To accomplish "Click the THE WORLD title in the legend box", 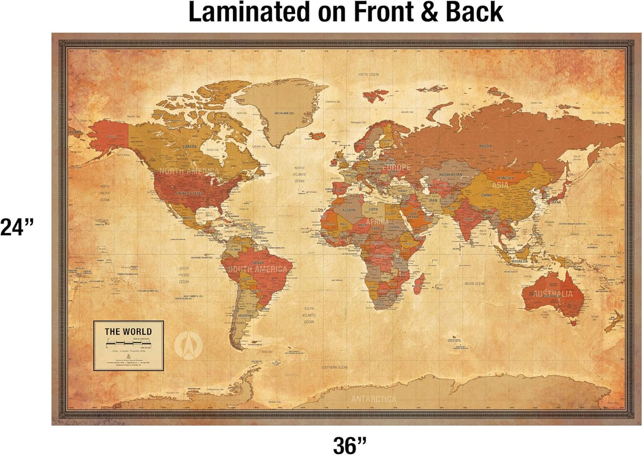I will click(x=128, y=331).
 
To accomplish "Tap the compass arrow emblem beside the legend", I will click(x=189, y=345).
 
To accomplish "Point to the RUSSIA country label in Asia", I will click(x=485, y=146).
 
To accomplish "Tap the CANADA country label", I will click(x=190, y=146).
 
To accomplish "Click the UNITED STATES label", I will click(x=190, y=194).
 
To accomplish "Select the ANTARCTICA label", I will click(x=374, y=399).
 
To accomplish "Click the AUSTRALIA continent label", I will click(x=554, y=294).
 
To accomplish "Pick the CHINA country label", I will click(x=486, y=195).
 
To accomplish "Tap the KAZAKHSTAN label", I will click(x=450, y=175).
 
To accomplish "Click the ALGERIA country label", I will click(x=349, y=210).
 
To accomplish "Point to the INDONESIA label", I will click(x=519, y=261).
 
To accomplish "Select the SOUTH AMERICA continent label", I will click(x=258, y=269).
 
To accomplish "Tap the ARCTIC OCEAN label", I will click(x=369, y=74).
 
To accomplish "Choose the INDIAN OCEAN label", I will click(x=474, y=283).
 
